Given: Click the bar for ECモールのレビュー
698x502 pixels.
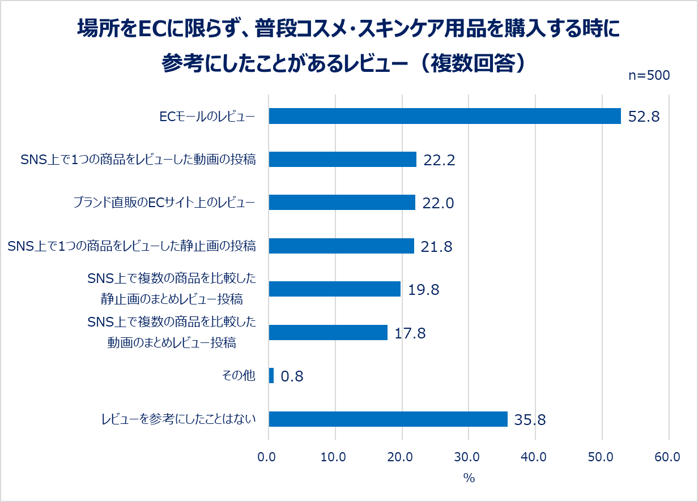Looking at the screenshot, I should [445, 116].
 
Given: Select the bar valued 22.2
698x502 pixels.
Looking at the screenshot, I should [342, 159].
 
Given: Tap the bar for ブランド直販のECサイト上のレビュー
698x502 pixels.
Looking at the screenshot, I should [342, 203].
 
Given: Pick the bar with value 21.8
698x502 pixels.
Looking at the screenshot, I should [341, 246].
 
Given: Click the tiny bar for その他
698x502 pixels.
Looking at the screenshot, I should [271, 376].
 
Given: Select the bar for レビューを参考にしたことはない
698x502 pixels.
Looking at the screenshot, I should [388, 419].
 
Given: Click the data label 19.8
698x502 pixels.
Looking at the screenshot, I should [424, 290].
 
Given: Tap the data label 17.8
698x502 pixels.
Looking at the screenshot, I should [410, 333].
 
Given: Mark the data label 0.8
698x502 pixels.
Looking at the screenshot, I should [292, 376].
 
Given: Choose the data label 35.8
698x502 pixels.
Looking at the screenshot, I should [530, 420].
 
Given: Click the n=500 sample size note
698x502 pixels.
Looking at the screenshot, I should [649, 76].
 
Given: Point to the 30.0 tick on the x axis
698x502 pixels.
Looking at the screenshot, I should [468, 457].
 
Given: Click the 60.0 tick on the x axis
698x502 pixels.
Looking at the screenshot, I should [668, 457].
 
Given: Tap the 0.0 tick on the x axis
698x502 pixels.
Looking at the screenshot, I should [269, 457].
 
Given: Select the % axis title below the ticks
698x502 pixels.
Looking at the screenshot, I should [469, 478].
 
